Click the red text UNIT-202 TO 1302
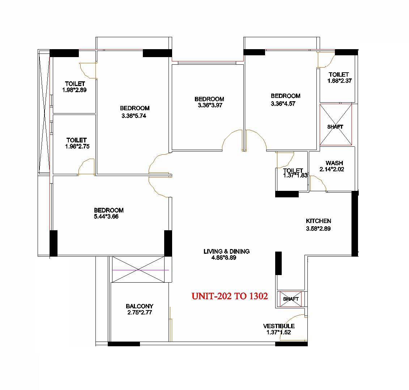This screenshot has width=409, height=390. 230,296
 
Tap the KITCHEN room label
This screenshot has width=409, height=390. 318,221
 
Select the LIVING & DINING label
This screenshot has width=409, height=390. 226,251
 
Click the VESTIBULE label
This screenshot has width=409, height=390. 278,326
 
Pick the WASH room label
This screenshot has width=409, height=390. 334,163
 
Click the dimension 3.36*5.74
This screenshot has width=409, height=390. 134,116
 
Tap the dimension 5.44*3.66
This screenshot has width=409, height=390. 106,217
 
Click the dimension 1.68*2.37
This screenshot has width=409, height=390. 340,81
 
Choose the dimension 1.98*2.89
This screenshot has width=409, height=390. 74,90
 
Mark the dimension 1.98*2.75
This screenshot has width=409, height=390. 77,146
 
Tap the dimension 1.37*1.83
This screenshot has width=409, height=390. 295,176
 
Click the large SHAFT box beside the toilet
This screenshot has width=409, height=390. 336,125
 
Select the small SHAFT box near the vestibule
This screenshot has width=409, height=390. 291,299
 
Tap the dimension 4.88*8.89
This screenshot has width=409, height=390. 224,258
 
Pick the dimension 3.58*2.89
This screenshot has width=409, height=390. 318,228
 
